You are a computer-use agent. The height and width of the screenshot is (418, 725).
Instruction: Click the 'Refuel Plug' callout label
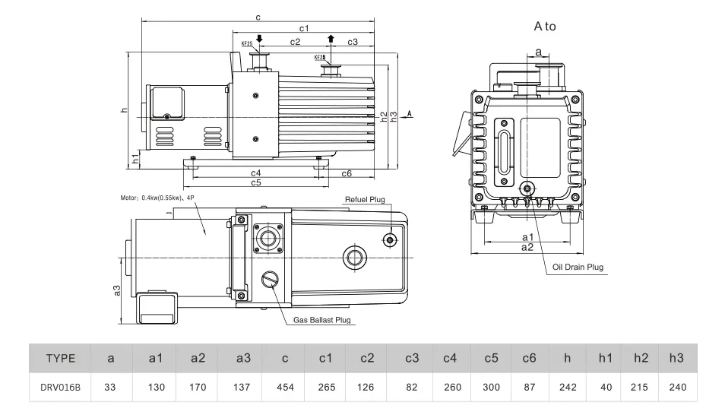[366, 199]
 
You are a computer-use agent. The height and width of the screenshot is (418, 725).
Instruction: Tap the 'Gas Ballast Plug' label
[322, 321]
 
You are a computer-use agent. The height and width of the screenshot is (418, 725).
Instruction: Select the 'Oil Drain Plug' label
[578, 267]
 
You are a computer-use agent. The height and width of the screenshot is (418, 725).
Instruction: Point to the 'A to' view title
[545, 26]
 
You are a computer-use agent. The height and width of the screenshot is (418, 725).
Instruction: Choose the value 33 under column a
[110, 388]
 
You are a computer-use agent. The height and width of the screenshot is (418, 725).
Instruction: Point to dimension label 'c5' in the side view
[256, 183]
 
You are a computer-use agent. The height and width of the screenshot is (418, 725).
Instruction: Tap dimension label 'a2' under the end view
[527, 248]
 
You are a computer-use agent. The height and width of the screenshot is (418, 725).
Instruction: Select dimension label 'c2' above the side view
[295, 42]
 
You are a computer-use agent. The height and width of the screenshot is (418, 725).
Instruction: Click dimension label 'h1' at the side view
[135, 159]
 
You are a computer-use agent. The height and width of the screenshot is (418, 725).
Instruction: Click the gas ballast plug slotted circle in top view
[271, 280]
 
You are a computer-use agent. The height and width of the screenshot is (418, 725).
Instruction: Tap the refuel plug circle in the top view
[390, 240]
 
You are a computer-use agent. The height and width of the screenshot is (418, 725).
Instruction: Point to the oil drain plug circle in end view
[526, 188]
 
